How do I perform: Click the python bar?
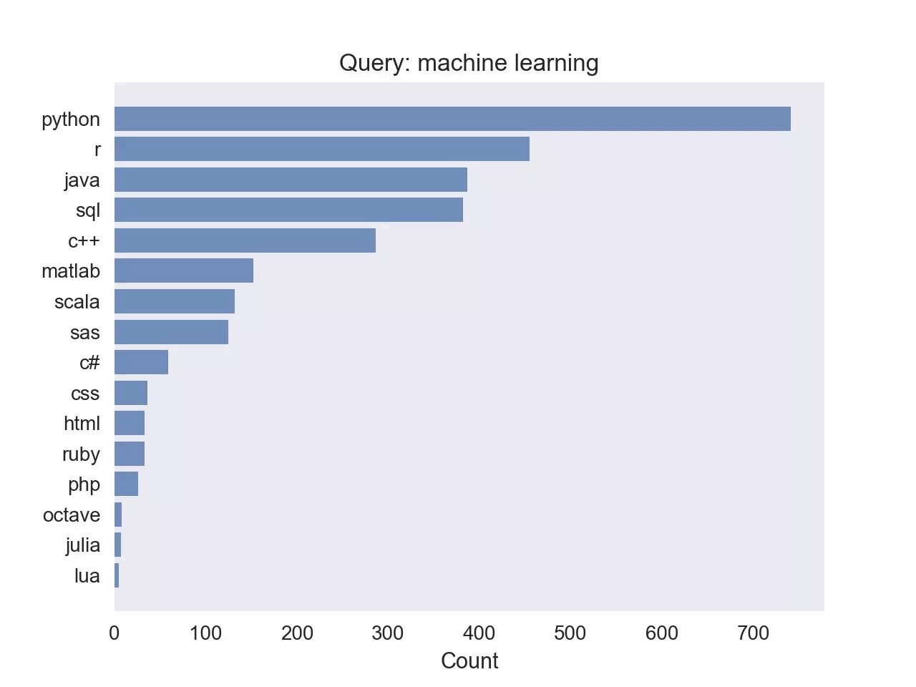(452, 119)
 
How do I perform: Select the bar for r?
(322, 149)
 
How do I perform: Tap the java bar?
(291, 180)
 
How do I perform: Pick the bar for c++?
(245, 240)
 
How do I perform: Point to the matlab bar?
(184, 271)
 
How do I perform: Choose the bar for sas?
(171, 332)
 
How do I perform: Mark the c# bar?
(141, 362)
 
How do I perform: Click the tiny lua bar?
(117, 575)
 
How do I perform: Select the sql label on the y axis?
(88, 210)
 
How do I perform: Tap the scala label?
(77, 302)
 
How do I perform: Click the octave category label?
(72, 515)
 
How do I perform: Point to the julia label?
(83, 545)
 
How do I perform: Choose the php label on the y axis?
(84, 484)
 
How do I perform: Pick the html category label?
(82, 424)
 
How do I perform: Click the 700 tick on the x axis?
(753, 633)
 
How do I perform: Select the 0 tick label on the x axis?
(114, 633)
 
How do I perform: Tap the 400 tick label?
(479, 633)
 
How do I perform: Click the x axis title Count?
(469, 661)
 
